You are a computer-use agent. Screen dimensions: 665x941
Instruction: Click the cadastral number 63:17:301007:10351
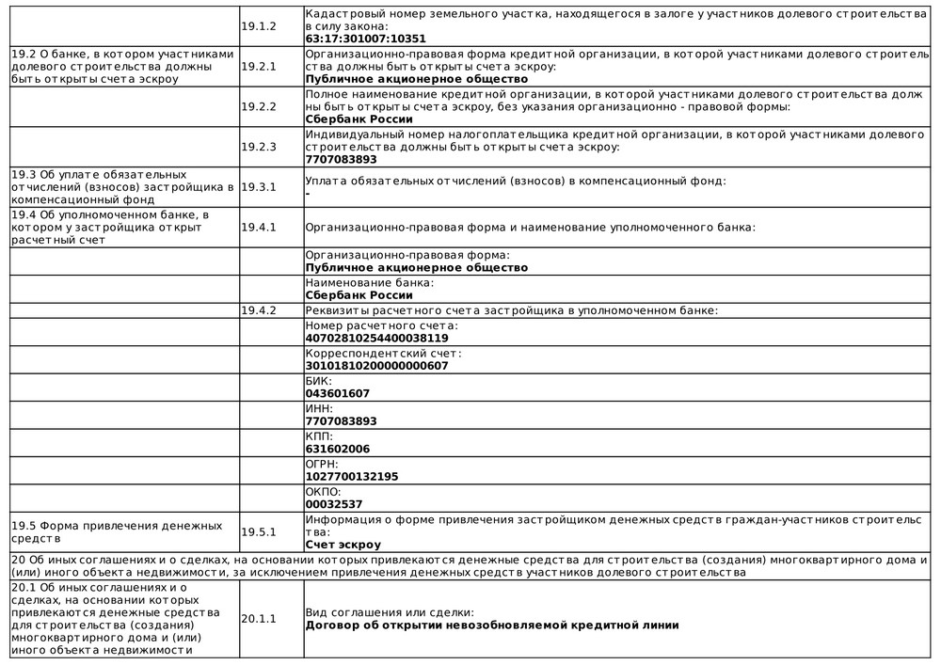pyautogui.click(x=365, y=40)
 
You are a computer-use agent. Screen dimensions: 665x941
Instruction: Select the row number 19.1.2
pyautogui.click(x=259, y=26)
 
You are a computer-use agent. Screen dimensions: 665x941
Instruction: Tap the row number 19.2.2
pyautogui.click(x=259, y=106)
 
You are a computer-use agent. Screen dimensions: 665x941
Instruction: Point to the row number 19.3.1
pyautogui.click(x=259, y=187)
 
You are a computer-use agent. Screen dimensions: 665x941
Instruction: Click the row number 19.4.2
pyautogui.click(x=259, y=310)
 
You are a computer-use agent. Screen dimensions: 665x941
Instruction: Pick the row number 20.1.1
pyautogui.click(x=259, y=618)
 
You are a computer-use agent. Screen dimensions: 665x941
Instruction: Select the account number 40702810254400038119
pyautogui.click(x=376, y=338)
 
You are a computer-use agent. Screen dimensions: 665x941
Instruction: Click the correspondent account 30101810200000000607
pyautogui.click(x=376, y=366)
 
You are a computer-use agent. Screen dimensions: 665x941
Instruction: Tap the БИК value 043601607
pyautogui.click(x=338, y=393)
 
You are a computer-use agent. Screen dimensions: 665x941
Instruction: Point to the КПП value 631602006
pyautogui.click(x=338, y=449)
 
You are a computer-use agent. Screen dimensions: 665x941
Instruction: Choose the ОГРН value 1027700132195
pyautogui.click(x=352, y=477)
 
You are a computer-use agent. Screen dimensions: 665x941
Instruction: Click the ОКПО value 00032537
pyautogui.click(x=334, y=504)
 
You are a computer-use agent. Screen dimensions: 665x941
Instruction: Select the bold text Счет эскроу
pyautogui.click(x=343, y=545)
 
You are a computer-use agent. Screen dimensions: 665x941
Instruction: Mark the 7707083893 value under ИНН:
pyautogui.click(x=342, y=421)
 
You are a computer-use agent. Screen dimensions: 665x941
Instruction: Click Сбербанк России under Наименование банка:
pyautogui.click(x=359, y=295)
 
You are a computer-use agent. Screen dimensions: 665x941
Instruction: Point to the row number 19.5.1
pyautogui.click(x=259, y=531)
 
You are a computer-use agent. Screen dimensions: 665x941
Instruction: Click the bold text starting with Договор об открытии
pyautogui.click(x=492, y=625)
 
